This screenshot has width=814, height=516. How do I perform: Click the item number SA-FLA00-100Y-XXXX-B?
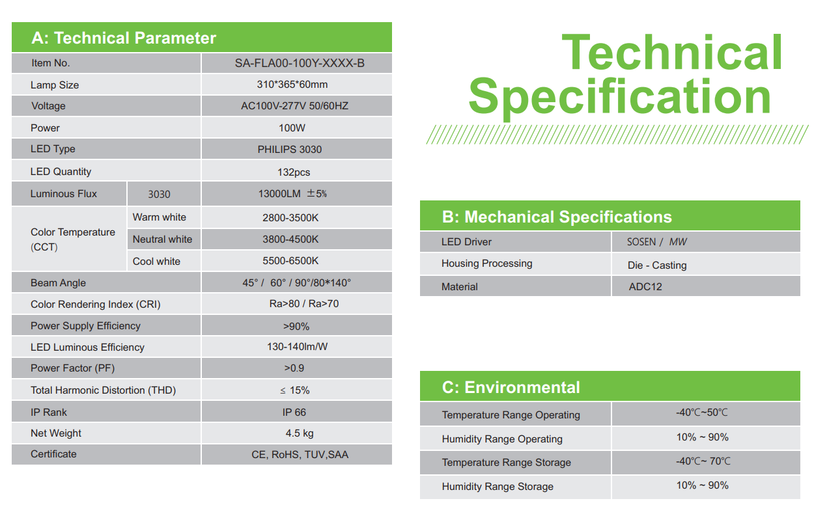pos(300,63)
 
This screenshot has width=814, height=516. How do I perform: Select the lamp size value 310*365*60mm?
pos(292,85)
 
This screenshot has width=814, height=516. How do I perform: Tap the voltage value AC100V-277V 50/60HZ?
pos(294,106)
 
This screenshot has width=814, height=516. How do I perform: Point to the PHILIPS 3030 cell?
pos(290,149)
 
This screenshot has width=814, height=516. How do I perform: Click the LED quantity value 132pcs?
pos(294,172)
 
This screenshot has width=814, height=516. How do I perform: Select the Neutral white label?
pos(162,239)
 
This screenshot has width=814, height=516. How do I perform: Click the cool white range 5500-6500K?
pos(290,261)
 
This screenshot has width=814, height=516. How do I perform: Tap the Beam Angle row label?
pos(58,283)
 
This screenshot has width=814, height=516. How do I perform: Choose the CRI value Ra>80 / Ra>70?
pos(304,304)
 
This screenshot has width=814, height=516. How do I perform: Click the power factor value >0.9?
pos(294,368)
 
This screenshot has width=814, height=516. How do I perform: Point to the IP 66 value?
pos(294,412)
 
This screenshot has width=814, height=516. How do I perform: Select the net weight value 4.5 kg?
pos(300,433)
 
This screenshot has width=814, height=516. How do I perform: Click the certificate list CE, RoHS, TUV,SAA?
pos(300,455)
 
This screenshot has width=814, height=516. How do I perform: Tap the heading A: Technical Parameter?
pos(124,38)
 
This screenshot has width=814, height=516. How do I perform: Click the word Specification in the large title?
pos(619,97)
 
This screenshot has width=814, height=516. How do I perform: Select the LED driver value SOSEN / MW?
pos(656,242)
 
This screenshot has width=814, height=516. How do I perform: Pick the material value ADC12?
pos(645,287)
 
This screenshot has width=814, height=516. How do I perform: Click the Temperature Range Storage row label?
pos(506,463)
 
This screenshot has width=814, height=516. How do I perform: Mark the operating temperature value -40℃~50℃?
pos(702,413)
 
